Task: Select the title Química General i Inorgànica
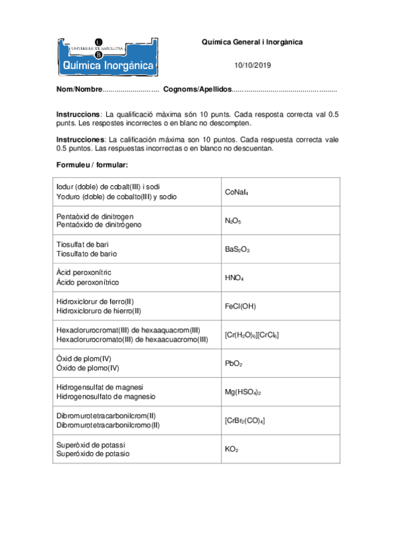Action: click(252, 42)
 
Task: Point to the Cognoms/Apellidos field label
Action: click(197, 89)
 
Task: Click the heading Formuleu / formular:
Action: click(92, 163)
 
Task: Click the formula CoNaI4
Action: click(236, 192)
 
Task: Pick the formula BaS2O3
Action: click(237, 250)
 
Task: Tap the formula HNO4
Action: click(234, 278)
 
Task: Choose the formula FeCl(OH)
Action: click(240, 307)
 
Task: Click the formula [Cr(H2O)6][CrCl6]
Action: click(252, 336)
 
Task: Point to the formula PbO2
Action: click(233, 364)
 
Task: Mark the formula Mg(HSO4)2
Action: click(243, 392)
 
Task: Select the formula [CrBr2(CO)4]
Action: click(245, 421)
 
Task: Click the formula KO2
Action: click(231, 449)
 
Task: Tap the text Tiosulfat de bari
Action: click(82, 245)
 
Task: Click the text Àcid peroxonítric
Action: click(84, 273)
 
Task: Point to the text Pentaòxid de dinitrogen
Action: click(95, 216)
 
